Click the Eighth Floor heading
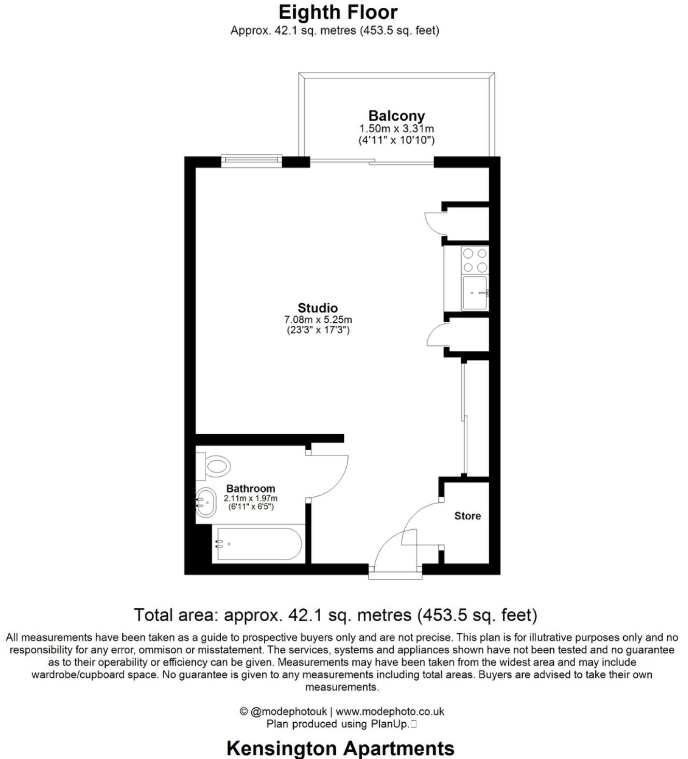(x=338, y=12)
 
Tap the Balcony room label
(x=396, y=116)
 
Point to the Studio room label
(x=318, y=308)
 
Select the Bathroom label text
(x=251, y=489)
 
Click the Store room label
(x=467, y=516)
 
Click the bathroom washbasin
(x=207, y=502)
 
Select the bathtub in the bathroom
(x=258, y=543)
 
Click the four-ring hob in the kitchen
(x=475, y=261)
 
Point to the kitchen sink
(x=475, y=293)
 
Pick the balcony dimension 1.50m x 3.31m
(x=396, y=128)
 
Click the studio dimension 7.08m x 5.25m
(x=318, y=320)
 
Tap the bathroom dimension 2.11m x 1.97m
(x=251, y=498)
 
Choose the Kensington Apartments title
(x=340, y=748)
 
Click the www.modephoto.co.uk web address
(x=390, y=712)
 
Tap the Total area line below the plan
(x=335, y=615)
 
